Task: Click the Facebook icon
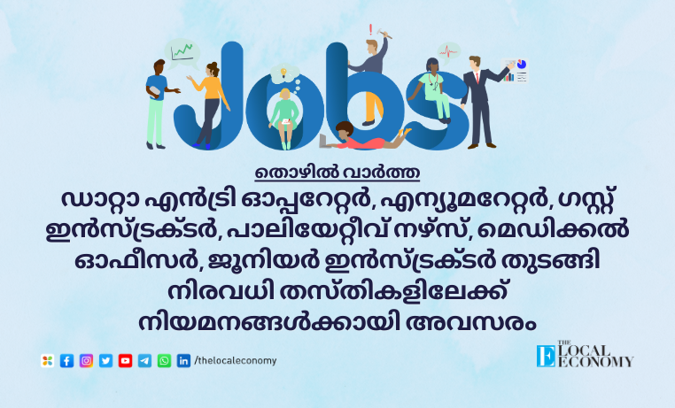point(66,361)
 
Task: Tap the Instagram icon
point(86,361)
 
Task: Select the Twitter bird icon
point(106,361)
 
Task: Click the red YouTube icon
point(125,361)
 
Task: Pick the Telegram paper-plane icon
point(144,361)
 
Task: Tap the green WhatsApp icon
point(164,361)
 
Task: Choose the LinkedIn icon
point(184,361)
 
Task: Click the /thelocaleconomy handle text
point(236,360)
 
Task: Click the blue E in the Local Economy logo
point(546,356)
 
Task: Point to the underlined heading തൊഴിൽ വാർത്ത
point(337,173)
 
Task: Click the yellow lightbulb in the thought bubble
point(283,72)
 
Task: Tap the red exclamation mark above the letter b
point(370,30)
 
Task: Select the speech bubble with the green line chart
point(182,51)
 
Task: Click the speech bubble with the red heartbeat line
point(449,52)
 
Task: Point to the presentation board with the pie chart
point(515,71)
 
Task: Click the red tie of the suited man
point(477,77)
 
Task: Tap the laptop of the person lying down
point(325,141)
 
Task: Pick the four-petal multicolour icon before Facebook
point(47,361)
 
